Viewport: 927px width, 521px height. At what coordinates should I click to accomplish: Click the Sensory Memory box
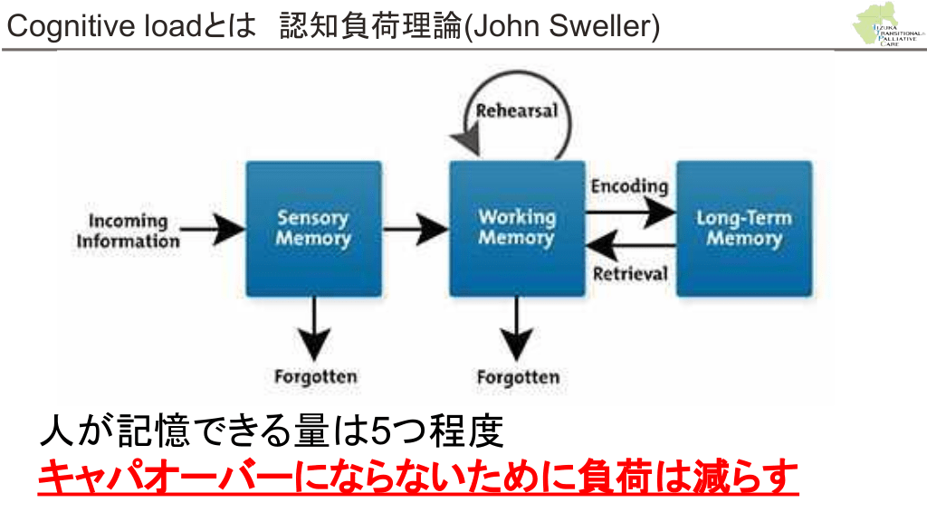coord(313,228)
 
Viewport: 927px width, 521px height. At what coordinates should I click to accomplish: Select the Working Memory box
coord(516,228)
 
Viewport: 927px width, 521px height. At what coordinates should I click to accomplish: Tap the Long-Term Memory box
coord(743,228)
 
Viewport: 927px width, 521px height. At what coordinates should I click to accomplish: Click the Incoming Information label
coord(128,231)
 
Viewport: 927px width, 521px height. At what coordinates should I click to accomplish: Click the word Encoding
coord(629,186)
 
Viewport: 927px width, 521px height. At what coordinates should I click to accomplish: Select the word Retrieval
coord(630,273)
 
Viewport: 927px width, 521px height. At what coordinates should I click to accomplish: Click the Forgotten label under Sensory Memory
coord(315,376)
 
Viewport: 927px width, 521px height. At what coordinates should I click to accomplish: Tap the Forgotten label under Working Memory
coord(518,376)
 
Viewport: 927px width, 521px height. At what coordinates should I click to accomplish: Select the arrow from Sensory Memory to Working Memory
coord(416,230)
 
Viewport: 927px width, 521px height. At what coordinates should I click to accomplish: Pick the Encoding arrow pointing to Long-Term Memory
coord(630,213)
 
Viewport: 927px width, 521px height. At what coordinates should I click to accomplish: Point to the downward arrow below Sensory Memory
coord(314,329)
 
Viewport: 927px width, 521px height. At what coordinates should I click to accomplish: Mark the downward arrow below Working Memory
coord(517,329)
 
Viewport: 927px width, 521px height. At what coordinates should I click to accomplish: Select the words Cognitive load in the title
coord(86,26)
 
